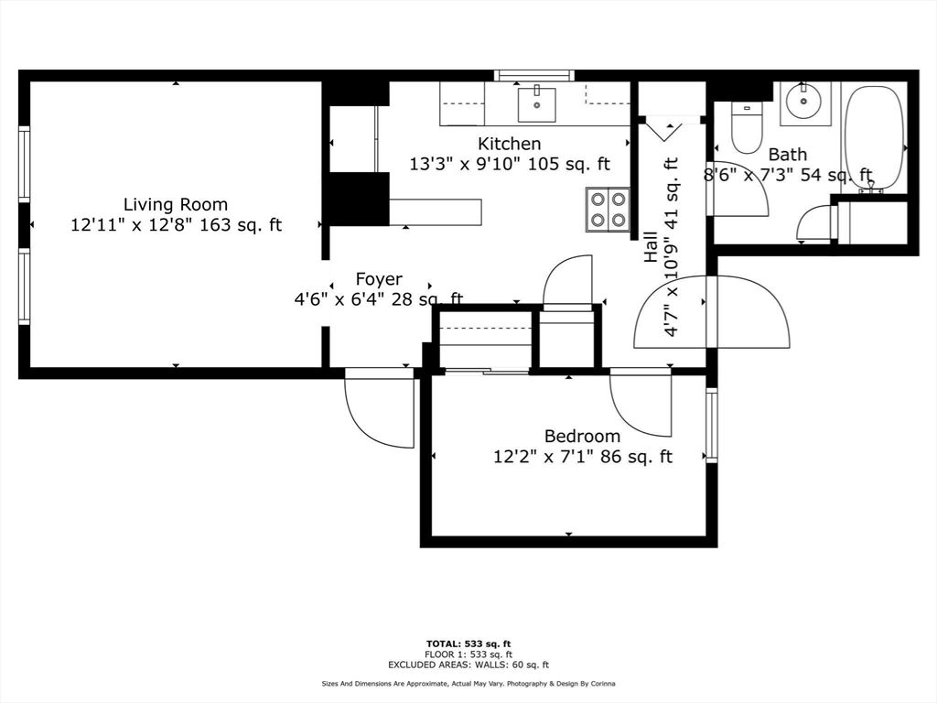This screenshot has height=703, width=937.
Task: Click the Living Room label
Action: tap(176, 204)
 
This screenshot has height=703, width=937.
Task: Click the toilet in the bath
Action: tap(747, 129)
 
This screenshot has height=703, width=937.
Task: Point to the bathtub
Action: tap(874, 137)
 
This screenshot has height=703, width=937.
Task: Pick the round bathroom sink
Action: tap(805, 103)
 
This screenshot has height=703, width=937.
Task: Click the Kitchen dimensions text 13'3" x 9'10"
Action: tap(509, 164)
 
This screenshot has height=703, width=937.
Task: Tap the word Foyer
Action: tap(379, 279)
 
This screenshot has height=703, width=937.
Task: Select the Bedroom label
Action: tap(582, 437)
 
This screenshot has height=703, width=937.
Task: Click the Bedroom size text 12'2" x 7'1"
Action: tap(582, 456)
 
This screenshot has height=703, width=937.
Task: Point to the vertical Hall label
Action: tap(651, 246)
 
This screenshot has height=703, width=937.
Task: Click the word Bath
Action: tap(787, 155)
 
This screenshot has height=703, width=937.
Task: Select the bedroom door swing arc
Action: tap(641, 403)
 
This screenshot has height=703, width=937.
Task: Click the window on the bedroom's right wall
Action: tap(712, 425)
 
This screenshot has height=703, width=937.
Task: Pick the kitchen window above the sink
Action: tap(534, 75)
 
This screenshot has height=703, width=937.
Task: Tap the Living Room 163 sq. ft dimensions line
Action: tap(176, 224)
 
